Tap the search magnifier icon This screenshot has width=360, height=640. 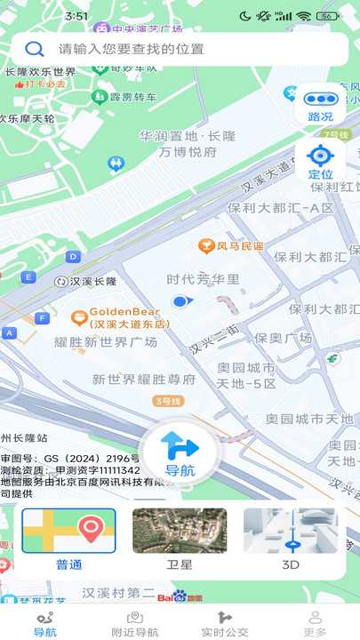tap(35, 49)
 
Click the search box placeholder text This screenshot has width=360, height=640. tap(132, 49)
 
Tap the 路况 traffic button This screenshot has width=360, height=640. tap(320, 106)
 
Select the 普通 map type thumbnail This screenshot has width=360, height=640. tap(68, 539)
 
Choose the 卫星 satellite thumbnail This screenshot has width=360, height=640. tap(180, 539)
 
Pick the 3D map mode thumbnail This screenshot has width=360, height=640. tap(291, 539)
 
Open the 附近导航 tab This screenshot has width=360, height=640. tap(135, 624)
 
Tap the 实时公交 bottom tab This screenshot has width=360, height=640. tap(225, 624)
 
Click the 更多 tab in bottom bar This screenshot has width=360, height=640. tap(315, 624)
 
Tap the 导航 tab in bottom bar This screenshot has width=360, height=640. tap(45, 624)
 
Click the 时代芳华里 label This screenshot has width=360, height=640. tap(204, 279)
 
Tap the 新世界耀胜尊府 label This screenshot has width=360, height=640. tap(144, 380)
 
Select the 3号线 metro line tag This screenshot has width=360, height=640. tap(168, 401)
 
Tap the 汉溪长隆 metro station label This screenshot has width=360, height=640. tap(86, 282)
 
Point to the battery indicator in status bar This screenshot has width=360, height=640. tap(329, 16)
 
